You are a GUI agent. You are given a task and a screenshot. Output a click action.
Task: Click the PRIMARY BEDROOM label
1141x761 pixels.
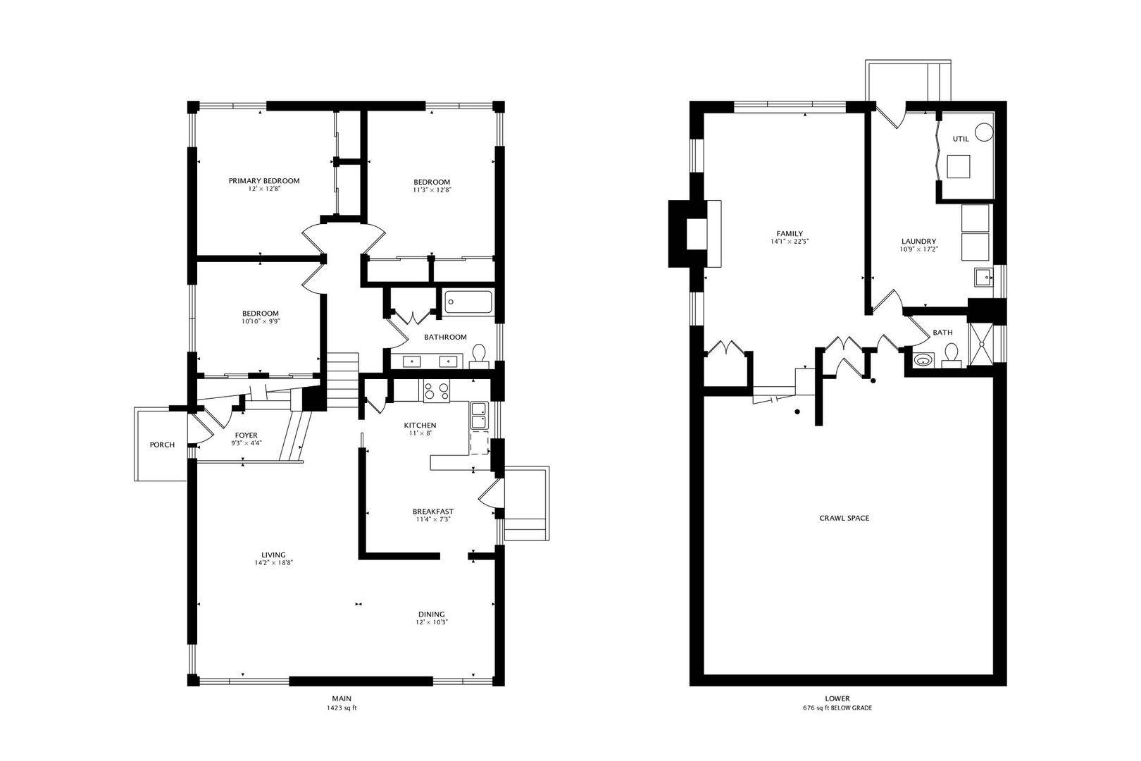(264, 180)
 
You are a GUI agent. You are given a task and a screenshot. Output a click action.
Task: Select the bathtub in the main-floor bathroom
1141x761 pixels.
(468, 302)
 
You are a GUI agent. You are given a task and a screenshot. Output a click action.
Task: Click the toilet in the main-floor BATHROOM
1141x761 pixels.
(479, 356)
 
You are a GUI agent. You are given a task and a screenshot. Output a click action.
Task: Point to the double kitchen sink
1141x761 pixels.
(479, 416)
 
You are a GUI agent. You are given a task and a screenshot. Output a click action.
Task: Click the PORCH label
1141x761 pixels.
(162, 445)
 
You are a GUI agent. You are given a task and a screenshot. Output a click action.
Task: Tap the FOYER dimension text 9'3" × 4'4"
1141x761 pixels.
(246, 443)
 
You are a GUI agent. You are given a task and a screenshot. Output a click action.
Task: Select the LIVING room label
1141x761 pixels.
(273, 555)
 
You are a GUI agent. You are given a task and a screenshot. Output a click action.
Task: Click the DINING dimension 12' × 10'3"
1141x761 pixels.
(432, 622)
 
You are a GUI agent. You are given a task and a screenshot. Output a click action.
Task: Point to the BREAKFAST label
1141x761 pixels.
(433, 512)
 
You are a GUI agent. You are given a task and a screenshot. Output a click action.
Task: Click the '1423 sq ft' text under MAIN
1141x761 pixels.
(342, 708)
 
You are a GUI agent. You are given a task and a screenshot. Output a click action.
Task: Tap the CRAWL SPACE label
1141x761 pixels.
(844, 518)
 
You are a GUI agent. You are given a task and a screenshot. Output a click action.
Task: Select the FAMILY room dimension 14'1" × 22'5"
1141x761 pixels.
(790, 242)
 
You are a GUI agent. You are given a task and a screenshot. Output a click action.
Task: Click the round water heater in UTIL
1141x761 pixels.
(985, 132)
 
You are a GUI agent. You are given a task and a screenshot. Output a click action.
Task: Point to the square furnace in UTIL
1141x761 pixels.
(958, 166)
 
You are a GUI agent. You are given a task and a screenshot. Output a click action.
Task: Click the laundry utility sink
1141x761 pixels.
(984, 278)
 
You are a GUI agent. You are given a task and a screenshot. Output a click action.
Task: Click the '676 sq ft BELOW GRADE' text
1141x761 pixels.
(837, 708)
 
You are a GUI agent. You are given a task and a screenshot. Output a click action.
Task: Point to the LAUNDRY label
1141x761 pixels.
(918, 241)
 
